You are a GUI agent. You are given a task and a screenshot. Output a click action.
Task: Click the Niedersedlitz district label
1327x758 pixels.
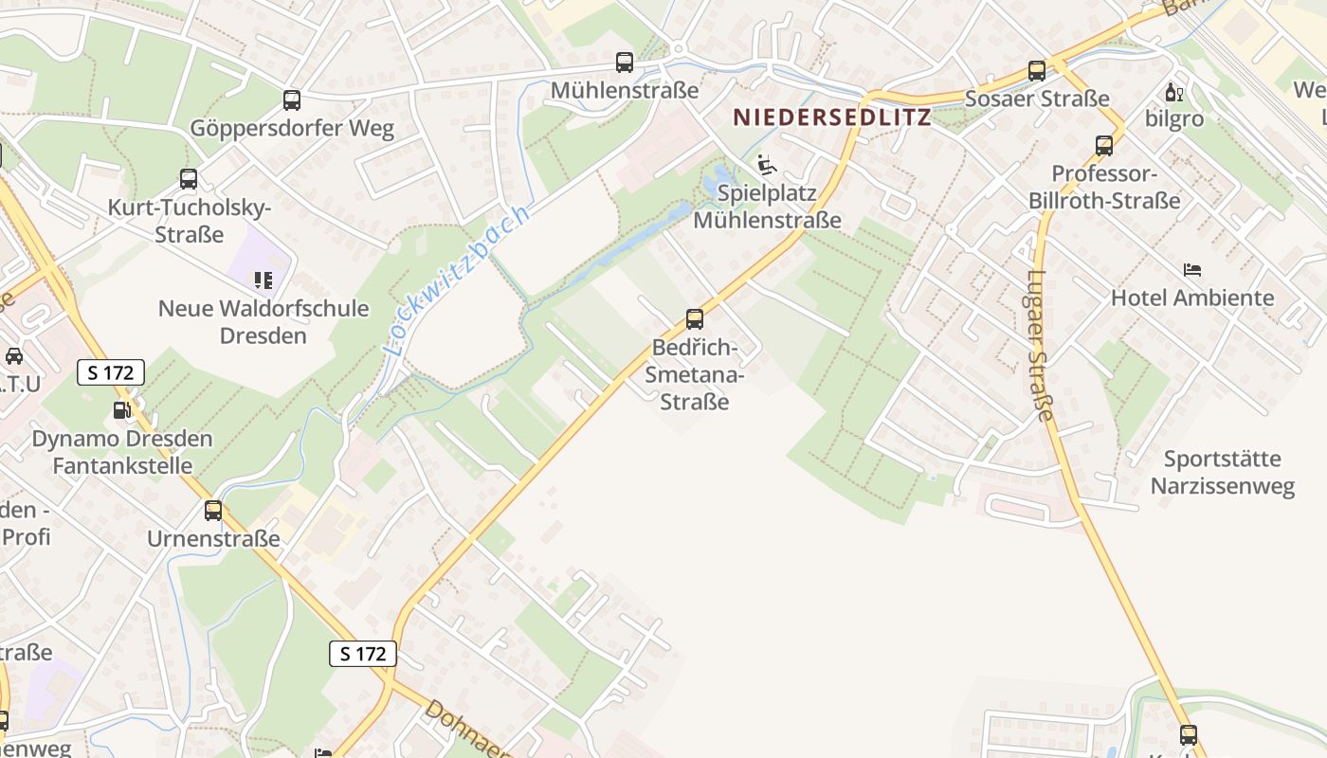click(x=831, y=117)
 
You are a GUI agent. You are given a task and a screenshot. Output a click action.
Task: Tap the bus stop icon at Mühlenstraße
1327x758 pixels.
click(x=625, y=63)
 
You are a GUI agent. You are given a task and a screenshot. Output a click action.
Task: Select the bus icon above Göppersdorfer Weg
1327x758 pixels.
click(x=292, y=99)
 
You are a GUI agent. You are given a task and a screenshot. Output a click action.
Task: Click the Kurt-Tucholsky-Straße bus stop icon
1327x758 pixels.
click(x=189, y=178)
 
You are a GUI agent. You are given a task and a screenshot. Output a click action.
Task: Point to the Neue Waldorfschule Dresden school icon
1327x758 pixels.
click(x=263, y=280)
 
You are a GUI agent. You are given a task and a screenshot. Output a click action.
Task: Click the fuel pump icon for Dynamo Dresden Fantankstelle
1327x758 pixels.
click(x=121, y=410)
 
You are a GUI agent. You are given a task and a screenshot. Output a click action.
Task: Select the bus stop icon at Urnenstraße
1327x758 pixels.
click(x=213, y=511)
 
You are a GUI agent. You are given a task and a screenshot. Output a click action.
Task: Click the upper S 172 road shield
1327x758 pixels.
click(x=111, y=372)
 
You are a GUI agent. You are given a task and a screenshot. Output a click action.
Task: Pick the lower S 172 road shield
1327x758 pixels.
click(x=363, y=653)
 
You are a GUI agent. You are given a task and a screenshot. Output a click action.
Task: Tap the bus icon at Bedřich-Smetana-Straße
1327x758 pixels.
click(x=695, y=318)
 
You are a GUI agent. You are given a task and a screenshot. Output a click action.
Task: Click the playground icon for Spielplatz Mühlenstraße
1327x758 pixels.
click(x=766, y=165)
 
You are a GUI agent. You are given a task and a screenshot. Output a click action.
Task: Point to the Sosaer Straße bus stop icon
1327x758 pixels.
click(x=1037, y=71)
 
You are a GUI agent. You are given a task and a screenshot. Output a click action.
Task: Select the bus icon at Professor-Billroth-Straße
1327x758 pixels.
click(x=1104, y=146)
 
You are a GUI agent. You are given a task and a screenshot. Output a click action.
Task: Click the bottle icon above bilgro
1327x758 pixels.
click(x=1173, y=92)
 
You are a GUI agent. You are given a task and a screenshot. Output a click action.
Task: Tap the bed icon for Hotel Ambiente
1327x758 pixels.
click(x=1192, y=270)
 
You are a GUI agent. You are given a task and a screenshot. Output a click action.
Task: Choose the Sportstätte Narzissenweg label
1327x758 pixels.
click(x=1222, y=473)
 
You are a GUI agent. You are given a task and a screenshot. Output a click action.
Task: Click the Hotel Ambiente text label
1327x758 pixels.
click(x=1192, y=298)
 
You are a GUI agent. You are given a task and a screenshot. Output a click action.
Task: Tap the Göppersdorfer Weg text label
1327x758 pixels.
click(x=292, y=128)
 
